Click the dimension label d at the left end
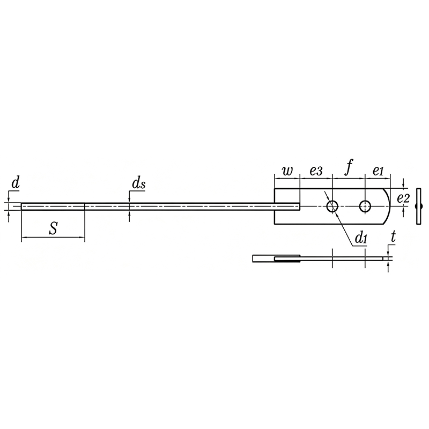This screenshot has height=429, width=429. (x=16, y=183)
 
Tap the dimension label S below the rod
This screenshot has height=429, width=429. (x=53, y=229)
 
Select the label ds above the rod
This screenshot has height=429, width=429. (x=138, y=183)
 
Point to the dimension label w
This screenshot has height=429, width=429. (x=287, y=171)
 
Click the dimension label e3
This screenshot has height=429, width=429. (x=316, y=171)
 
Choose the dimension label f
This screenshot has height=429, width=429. (x=349, y=167)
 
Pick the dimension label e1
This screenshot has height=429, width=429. (x=378, y=171)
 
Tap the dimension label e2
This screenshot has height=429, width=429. (x=403, y=198)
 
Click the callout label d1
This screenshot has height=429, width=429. (x=361, y=238)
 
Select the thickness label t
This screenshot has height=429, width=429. (x=394, y=236)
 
